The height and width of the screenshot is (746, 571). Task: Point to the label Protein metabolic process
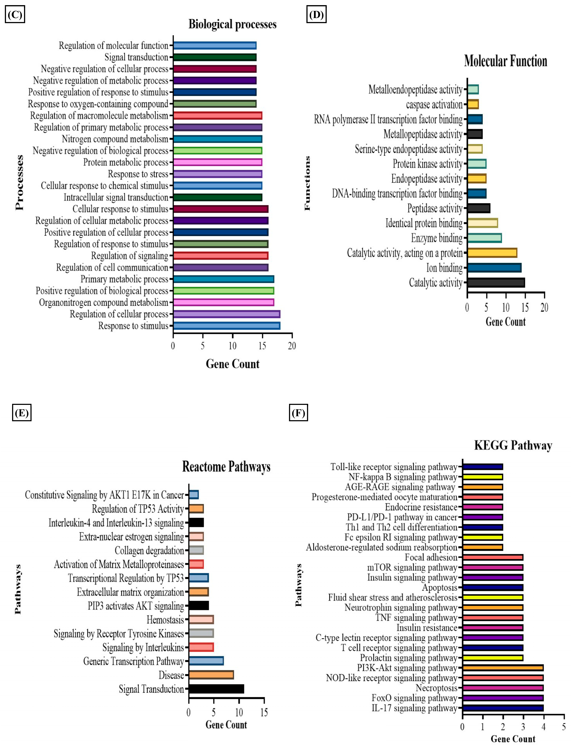click(x=126, y=162)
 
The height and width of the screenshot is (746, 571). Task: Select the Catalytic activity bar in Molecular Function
click(x=496, y=283)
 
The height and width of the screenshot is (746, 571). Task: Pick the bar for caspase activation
click(x=473, y=104)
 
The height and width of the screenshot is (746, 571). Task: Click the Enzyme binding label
click(x=437, y=238)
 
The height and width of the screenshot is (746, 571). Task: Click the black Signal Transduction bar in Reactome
click(x=216, y=689)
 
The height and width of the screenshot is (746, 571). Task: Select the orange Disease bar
click(x=211, y=675)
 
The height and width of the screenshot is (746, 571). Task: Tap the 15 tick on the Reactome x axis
click(x=264, y=712)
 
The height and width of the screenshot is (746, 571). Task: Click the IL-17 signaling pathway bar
click(x=503, y=708)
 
